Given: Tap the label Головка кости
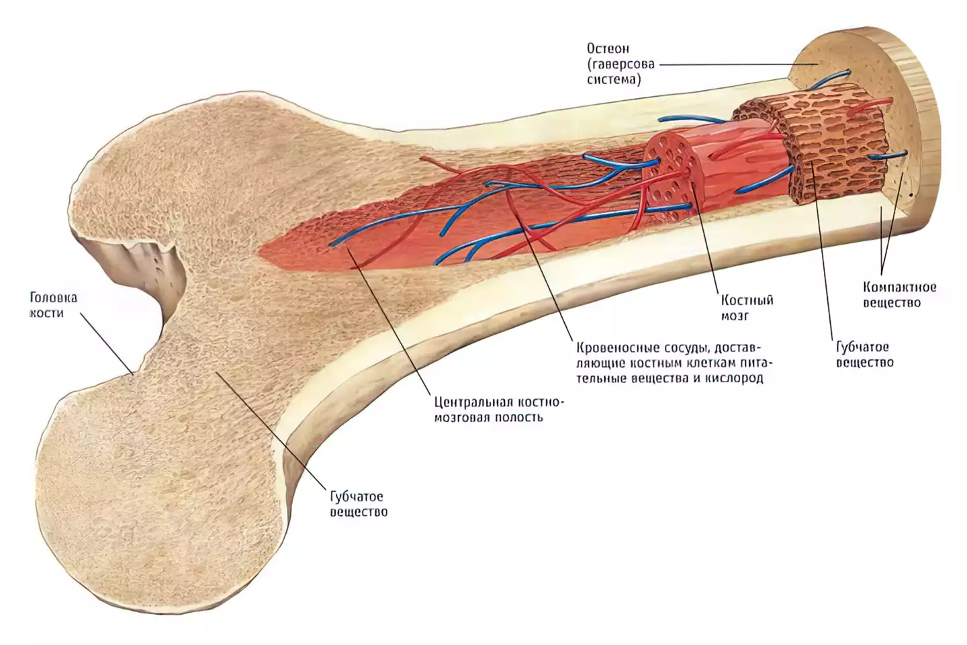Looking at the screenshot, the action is tap(53, 305).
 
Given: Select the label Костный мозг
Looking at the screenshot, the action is tap(747, 308).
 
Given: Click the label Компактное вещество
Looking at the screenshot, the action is tap(900, 295).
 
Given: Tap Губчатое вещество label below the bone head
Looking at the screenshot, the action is tap(359, 504).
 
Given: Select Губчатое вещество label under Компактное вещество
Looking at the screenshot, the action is tap(865, 354).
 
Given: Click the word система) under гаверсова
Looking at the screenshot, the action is tap(614, 79).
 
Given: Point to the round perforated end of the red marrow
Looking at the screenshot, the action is tap(667, 173).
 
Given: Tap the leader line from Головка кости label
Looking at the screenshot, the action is tap(106, 343).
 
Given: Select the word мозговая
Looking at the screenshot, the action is tap(461, 418).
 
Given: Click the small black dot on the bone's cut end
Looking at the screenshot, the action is tap(911, 195).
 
